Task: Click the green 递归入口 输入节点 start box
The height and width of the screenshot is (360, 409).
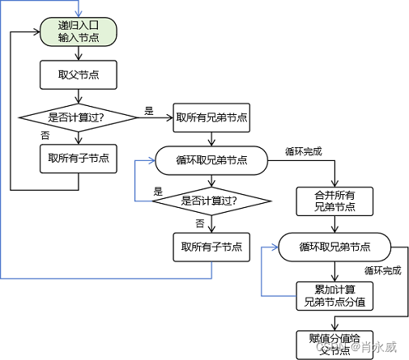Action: tap(79, 32)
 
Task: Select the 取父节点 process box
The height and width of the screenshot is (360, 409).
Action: tap(79, 76)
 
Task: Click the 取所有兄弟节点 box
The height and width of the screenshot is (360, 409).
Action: tap(211, 118)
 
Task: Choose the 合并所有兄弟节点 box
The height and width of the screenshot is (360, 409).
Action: tap(334, 201)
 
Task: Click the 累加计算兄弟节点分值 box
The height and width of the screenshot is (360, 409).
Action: tap(334, 295)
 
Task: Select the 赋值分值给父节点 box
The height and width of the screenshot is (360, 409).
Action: tap(334, 342)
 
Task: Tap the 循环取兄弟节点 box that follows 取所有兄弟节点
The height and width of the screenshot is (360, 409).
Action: tap(211, 160)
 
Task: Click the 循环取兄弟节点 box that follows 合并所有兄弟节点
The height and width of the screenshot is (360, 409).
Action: tap(334, 246)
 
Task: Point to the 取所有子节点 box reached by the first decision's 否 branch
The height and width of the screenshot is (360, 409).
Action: tap(79, 159)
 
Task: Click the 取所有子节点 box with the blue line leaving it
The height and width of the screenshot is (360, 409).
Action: tap(211, 247)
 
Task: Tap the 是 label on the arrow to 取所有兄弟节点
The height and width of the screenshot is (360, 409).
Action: tap(148, 111)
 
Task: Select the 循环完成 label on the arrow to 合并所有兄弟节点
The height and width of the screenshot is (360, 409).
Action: tap(304, 150)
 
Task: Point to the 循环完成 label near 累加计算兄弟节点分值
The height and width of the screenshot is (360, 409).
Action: tap(382, 270)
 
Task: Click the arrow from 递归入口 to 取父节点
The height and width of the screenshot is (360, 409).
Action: tap(79, 54)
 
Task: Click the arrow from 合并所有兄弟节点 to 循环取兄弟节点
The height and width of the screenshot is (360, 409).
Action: tap(334, 224)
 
